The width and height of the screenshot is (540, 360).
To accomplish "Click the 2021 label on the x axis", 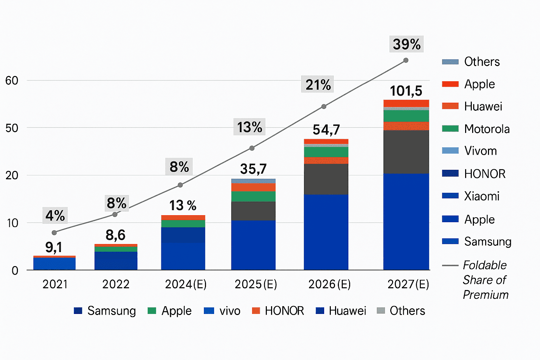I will coord(55,284).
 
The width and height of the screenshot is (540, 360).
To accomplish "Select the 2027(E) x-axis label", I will coord(408,284).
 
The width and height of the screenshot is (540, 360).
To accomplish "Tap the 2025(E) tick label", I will coord(256,284).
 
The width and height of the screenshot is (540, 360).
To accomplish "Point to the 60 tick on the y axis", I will coord(12,81).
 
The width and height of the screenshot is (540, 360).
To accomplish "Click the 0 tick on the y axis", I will coord(15,270).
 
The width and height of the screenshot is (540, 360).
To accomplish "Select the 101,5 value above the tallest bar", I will coord(406,91).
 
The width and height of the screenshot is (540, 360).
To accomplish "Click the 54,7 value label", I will coord(326,130).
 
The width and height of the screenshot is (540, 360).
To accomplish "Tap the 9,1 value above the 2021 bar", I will coord(54,247).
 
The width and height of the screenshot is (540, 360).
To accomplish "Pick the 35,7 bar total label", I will coord(253,169).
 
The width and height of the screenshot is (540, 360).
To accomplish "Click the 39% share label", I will coord(406,44).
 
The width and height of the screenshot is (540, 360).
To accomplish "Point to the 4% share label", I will coord(55,216).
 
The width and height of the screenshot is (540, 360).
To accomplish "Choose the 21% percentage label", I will coord(318,85).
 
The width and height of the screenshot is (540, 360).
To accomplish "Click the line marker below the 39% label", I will coord(406,60).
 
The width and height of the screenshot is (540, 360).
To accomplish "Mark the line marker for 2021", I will coord(54,233).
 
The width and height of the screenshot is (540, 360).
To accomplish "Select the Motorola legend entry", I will coord(487,129).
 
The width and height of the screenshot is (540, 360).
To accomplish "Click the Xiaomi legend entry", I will coord(481,196).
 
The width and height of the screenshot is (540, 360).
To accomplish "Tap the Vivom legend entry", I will coord(480,151).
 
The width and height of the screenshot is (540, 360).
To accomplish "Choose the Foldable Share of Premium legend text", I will coord(485,280).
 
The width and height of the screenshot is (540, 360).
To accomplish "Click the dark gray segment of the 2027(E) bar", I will coord(406,152).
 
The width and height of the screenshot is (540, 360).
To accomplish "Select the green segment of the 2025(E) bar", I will coord(253,197).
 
